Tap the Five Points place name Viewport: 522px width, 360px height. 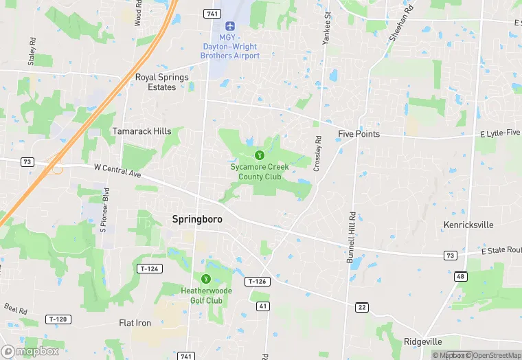(359, 134)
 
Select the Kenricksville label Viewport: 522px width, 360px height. (468, 225)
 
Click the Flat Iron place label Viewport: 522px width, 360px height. (135, 323)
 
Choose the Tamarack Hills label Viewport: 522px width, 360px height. (142, 131)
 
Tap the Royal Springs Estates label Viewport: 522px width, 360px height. (162, 82)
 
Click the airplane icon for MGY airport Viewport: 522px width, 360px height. (229, 26)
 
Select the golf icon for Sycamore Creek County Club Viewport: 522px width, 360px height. (260, 155)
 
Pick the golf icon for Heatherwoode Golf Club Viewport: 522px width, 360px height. (205, 278)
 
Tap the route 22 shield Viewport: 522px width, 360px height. (361, 306)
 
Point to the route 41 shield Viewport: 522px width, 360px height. (262, 305)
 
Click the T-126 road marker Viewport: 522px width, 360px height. (256, 282)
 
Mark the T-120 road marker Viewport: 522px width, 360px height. (59, 319)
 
